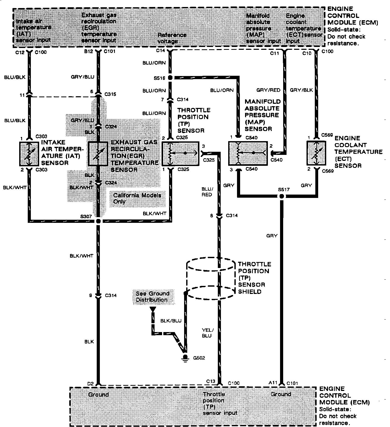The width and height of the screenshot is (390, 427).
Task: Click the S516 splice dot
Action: (x=170, y=78)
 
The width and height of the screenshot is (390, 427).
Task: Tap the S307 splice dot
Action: (x=98, y=221)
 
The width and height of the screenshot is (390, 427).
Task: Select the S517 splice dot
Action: (x=282, y=196)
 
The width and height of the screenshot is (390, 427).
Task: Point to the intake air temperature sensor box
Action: (x=29, y=154)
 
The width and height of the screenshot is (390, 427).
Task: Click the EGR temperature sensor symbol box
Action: (x=98, y=154)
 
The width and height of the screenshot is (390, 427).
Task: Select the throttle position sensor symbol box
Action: (x=180, y=154)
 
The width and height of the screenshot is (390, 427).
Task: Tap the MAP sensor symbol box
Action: (x=248, y=153)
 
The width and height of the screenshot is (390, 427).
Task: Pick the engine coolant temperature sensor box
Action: (x=316, y=153)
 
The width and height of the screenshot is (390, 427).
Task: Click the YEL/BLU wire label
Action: (x=207, y=333)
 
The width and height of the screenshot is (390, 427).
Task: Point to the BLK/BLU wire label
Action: (x=171, y=321)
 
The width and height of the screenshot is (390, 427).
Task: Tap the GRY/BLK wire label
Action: (x=301, y=90)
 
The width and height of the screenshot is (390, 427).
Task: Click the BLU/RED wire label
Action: (x=207, y=192)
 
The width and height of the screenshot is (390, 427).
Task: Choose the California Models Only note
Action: (x=137, y=198)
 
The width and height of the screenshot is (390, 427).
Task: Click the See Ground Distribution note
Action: (x=152, y=297)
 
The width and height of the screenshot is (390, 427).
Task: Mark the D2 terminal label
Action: (x=90, y=383)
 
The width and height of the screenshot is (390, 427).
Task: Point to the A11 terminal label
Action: (x=273, y=383)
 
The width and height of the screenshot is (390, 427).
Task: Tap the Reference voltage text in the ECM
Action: (x=172, y=38)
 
